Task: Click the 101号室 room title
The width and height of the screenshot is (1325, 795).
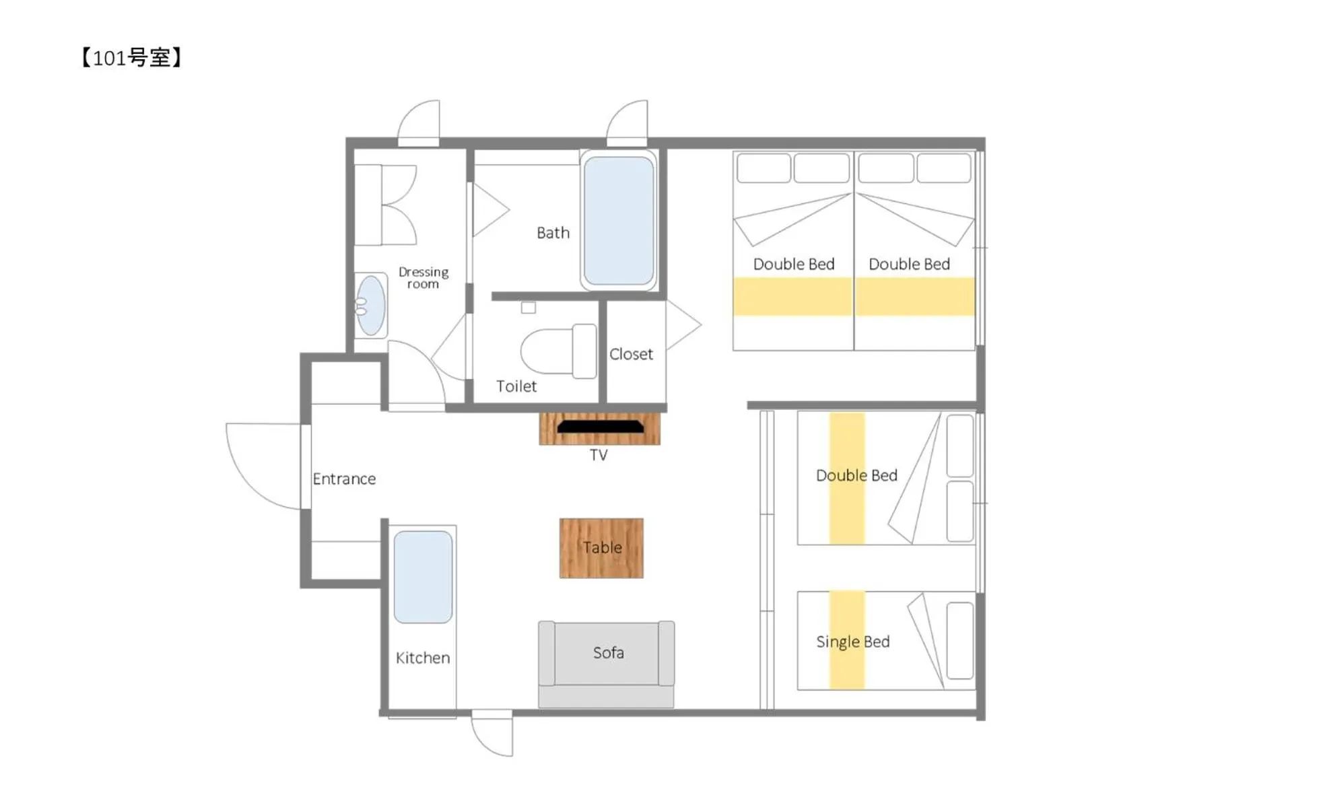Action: pos(131,58)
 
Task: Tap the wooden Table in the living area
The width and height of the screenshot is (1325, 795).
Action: pos(601,548)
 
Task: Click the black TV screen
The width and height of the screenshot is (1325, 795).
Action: pos(600,426)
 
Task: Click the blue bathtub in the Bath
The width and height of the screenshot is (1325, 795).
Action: pos(619,220)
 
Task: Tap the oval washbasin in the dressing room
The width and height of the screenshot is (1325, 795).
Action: pos(370,306)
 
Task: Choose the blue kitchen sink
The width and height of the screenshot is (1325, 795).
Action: pos(423,577)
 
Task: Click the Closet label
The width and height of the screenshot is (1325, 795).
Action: pos(631,354)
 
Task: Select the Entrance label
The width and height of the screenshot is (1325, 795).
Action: pos(344,479)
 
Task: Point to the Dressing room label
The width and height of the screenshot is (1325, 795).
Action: pos(423,277)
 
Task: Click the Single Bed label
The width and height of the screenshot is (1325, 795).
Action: pos(853,642)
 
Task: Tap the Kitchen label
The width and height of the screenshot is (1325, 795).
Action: pos(423,658)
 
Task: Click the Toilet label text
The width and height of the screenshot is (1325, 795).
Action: pos(516,386)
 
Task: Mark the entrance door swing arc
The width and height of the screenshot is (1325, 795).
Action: pos(256,471)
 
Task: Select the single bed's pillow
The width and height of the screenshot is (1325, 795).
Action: pos(959,640)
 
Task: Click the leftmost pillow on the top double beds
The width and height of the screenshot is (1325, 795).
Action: pos(763,168)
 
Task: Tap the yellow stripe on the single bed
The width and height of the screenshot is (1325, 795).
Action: pos(846,666)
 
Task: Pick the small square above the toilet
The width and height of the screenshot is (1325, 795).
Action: pos(529,308)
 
